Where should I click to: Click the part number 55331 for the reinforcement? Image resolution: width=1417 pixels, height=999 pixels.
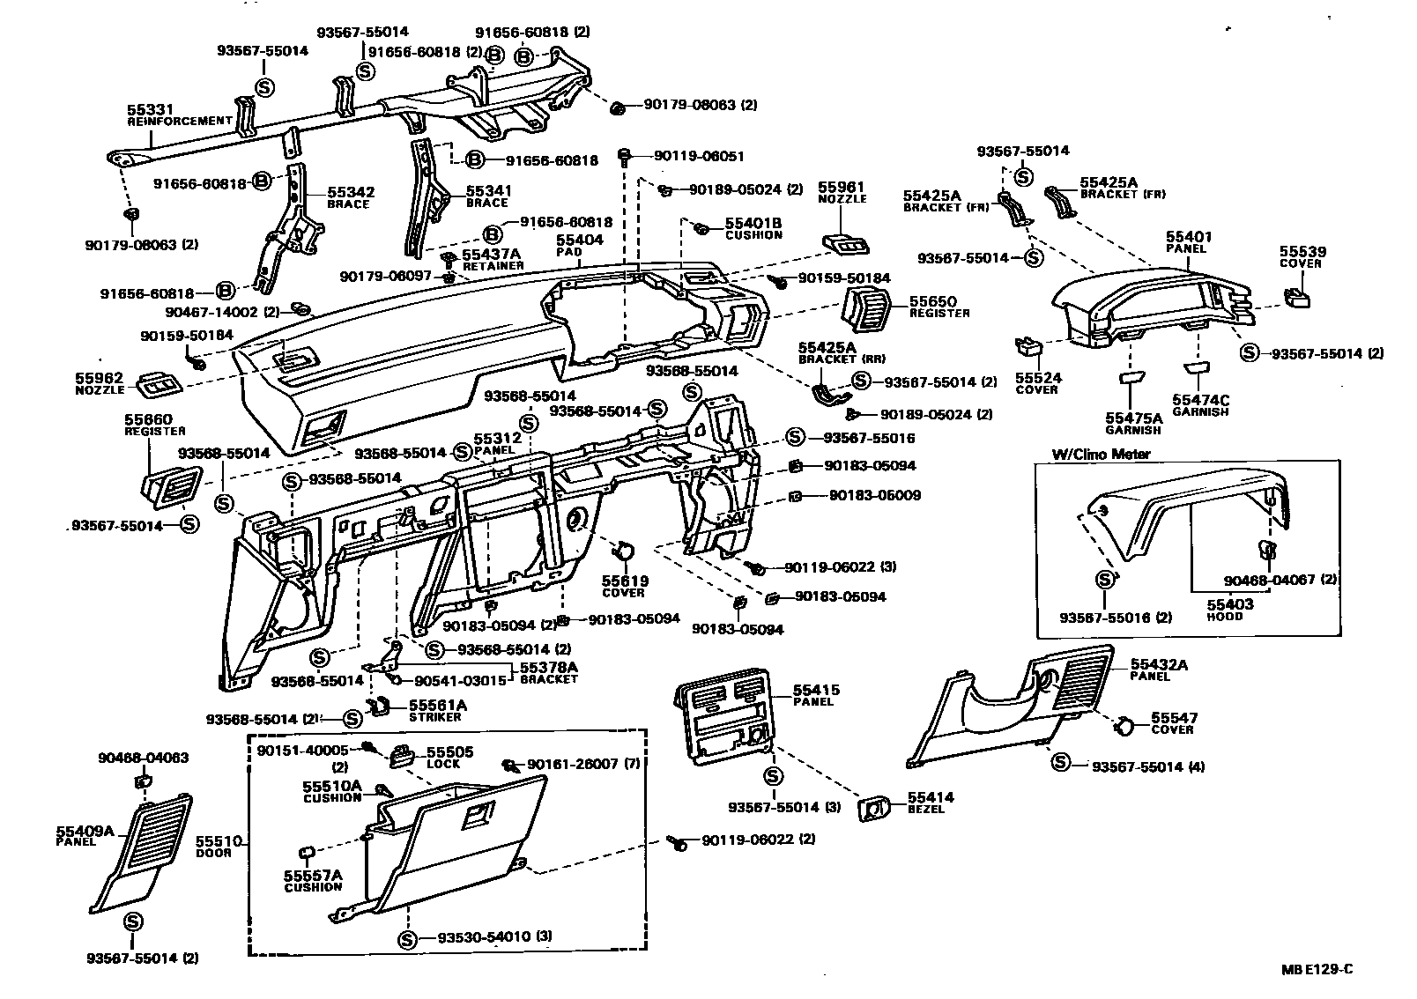click(145, 111)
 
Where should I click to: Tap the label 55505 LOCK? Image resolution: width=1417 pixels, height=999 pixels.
click(449, 757)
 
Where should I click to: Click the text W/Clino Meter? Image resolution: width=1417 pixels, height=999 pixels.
click(1101, 455)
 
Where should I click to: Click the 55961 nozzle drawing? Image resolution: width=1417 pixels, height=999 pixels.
click(841, 242)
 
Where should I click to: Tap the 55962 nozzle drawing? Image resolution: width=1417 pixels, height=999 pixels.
click(159, 383)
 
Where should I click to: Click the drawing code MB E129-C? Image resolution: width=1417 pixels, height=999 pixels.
click(1317, 970)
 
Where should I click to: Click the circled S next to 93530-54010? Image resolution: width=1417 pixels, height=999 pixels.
click(407, 936)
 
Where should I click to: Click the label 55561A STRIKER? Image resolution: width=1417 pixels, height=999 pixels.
click(437, 710)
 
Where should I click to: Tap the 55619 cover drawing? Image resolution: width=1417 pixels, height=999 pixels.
click(622, 552)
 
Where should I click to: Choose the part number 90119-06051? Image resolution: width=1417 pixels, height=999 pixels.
click(699, 157)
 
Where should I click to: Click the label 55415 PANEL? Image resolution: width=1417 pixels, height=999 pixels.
click(816, 695)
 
